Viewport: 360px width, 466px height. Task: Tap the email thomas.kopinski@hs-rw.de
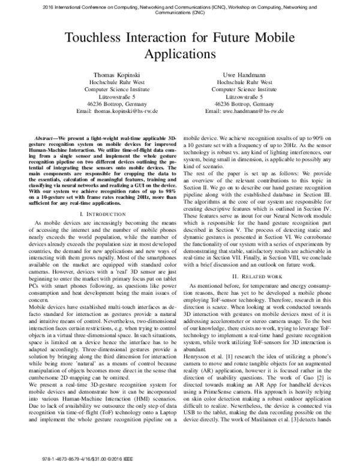[x=123, y=112]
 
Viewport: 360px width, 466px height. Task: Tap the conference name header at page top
[x=180, y=7]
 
